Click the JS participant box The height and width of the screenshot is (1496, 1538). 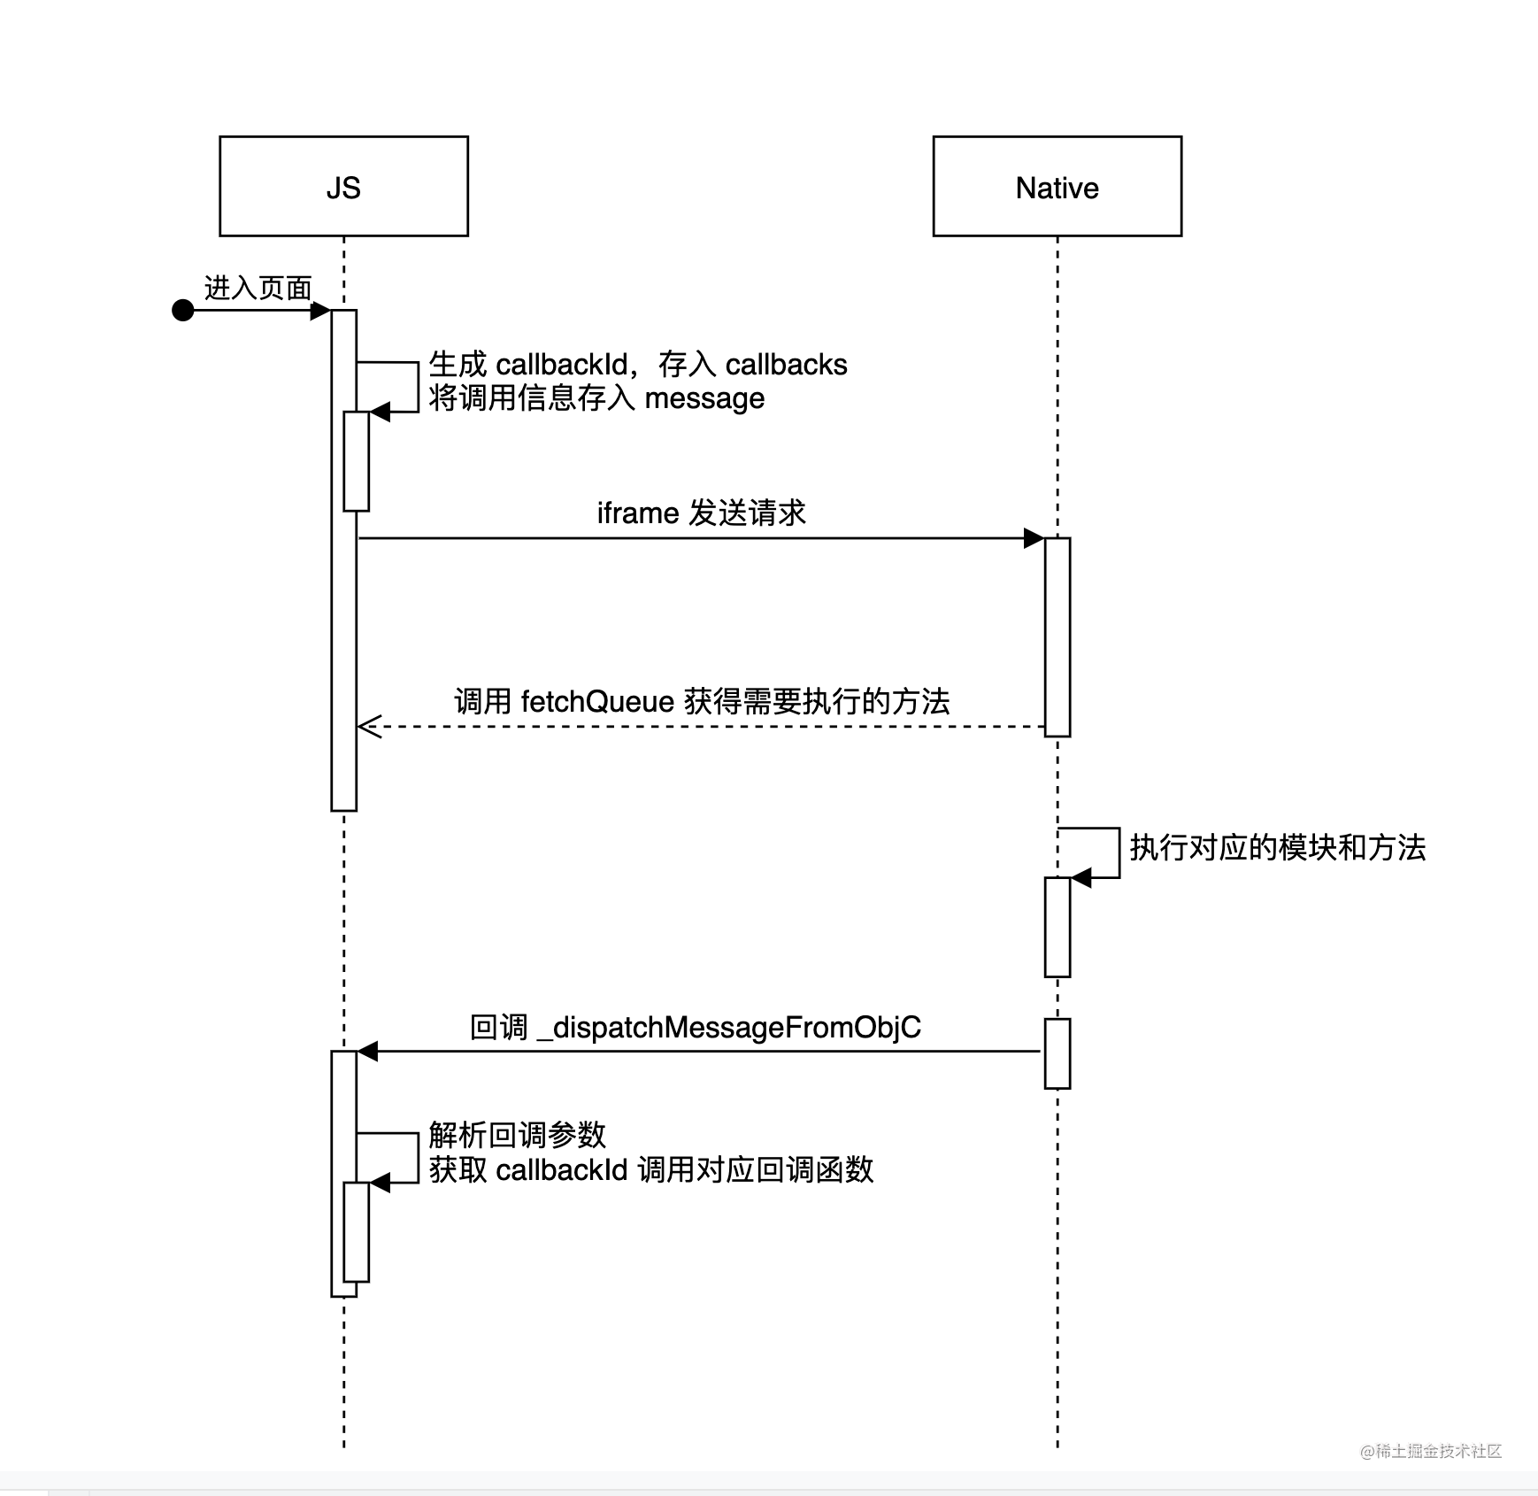click(343, 187)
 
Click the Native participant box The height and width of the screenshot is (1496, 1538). click(1057, 187)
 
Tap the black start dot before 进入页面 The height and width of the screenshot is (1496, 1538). click(183, 310)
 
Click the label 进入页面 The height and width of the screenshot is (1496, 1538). click(258, 288)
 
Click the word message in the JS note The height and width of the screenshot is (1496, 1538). click(704, 398)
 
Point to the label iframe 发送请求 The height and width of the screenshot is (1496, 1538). click(701, 513)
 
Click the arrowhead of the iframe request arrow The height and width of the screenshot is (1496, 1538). click(1034, 537)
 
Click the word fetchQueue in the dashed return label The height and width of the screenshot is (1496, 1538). click(597, 701)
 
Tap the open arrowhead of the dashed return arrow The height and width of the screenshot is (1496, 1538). click(366, 727)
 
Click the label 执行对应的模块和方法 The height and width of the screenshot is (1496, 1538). click(1277, 847)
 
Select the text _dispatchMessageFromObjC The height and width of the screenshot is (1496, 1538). click(728, 1027)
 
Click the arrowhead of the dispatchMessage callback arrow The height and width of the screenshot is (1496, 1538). click(367, 1051)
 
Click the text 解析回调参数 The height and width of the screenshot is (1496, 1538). click(518, 1134)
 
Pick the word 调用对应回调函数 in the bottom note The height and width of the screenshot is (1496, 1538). click(755, 1169)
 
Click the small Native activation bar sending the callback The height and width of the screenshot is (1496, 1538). click(1057, 1053)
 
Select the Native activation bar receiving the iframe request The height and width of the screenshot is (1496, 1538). click(1057, 636)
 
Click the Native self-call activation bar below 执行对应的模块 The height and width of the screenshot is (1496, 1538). click(1057, 927)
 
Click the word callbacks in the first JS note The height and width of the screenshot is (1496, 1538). click(786, 365)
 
